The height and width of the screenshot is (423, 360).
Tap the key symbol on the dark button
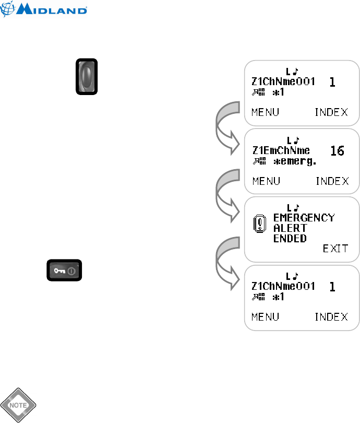pos(57,272)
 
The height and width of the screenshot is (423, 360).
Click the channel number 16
pos(339,151)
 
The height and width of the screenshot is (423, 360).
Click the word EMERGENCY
pos(304,217)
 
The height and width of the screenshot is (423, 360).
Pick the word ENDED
pos(290,238)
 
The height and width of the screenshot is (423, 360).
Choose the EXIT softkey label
pos(335,249)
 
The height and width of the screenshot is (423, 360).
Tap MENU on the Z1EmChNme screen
pos(266,181)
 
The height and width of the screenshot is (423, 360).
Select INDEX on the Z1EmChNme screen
pos(331,181)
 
